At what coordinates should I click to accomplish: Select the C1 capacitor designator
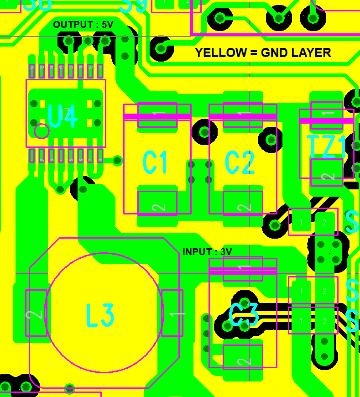155,163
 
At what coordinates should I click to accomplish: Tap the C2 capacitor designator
240,163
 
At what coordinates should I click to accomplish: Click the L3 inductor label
100,315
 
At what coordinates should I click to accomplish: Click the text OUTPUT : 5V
83,25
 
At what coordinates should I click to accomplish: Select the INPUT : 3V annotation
207,252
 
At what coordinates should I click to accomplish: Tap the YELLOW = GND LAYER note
263,53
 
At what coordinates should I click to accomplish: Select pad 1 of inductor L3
172,313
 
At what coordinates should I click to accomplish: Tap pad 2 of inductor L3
36,313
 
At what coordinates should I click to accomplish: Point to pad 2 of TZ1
327,172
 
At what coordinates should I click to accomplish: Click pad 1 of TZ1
327,114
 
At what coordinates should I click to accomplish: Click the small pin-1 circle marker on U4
42,131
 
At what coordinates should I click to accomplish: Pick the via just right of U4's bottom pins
117,161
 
